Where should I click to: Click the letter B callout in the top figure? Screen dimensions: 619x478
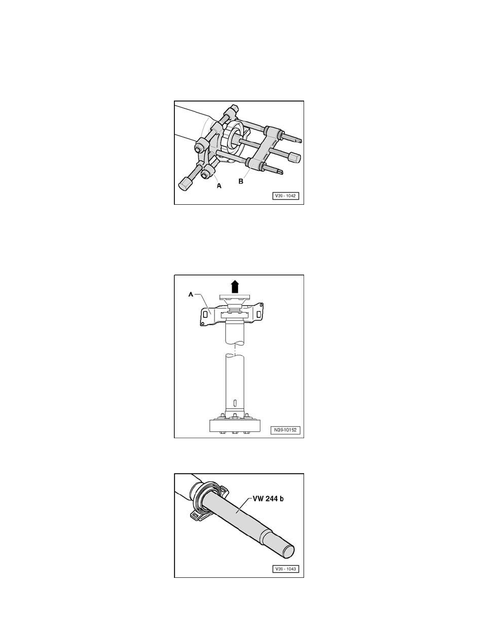[x=241, y=181]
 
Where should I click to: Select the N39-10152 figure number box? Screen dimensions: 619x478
[x=286, y=430]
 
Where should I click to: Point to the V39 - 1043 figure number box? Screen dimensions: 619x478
[x=286, y=570]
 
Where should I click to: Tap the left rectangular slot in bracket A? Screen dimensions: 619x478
[x=206, y=315]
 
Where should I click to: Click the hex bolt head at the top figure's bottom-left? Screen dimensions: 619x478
[x=185, y=185]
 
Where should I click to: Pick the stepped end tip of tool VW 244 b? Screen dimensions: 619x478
[x=287, y=550]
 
